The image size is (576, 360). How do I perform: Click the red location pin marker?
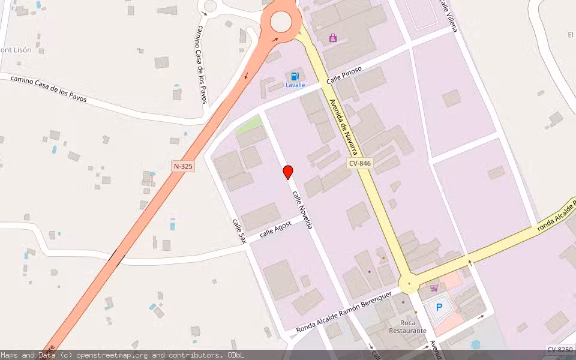point(288,172)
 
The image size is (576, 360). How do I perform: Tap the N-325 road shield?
point(183,166)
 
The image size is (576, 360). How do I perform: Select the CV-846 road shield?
point(361,163)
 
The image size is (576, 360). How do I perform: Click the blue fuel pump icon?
point(295,76)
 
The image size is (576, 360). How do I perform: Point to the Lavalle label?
point(295,85)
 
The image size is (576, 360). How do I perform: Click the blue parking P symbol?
point(439,307)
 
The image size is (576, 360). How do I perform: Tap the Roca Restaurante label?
point(407,326)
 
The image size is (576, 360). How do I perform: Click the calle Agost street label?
point(275,232)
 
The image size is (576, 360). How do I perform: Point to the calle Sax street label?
point(239,229)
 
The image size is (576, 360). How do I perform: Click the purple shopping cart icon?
point(434,288)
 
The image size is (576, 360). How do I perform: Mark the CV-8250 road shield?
point(559,349)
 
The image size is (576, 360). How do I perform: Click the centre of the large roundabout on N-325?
point(281,22)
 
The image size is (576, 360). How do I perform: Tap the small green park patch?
point(248,126)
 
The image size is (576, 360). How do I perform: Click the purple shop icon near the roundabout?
point(333,38)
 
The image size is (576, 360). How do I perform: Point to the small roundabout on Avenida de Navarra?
point(409,283)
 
